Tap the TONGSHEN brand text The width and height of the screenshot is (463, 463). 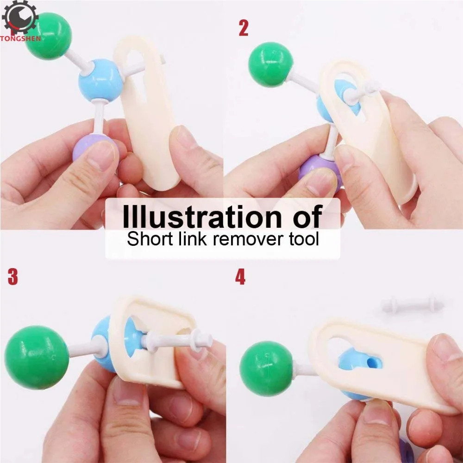[20, 38]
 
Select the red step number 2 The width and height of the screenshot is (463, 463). [244, 28]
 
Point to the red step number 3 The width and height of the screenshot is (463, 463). [13, 277]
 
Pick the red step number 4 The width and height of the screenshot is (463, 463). [240, 277]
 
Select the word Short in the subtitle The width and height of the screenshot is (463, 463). [146, 239]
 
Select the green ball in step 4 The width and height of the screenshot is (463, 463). [266, 369]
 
